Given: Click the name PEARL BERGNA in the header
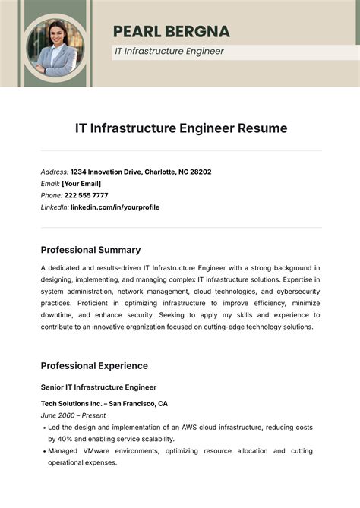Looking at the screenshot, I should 171,31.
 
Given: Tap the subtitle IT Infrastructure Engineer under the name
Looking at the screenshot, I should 169,52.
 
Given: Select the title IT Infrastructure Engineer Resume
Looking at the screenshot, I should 181,128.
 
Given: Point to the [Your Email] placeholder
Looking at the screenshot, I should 81,183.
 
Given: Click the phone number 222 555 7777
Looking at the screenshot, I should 86,195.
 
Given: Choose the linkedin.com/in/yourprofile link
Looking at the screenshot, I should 115,207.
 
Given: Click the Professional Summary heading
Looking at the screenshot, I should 90,250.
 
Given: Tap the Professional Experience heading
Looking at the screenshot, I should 94,365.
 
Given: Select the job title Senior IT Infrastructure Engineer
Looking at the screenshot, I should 98,387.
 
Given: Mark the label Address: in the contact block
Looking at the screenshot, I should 55,172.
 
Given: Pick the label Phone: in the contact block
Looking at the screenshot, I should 52,195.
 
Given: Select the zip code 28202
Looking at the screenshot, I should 200,172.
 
